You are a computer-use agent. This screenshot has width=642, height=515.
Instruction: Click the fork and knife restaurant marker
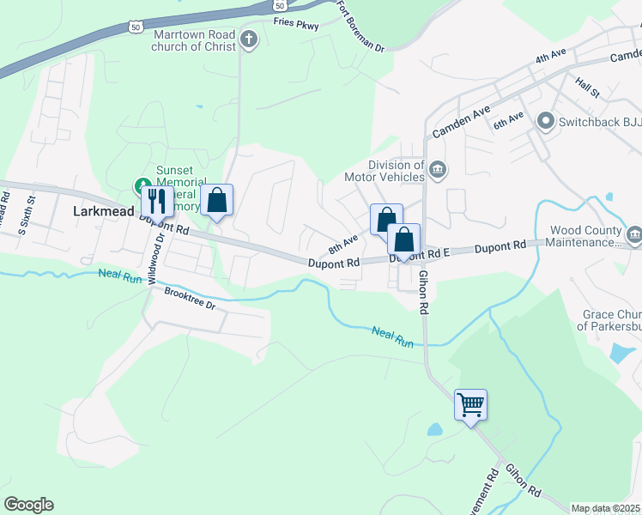click(155, 202)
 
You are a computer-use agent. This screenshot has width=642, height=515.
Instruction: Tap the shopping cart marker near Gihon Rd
click(470, 404)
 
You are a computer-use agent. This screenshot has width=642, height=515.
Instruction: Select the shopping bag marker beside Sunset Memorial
click(217, 202)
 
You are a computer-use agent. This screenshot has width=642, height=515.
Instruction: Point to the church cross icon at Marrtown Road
click(249, 39)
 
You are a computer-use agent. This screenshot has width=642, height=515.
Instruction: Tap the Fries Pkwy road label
click(296, 26)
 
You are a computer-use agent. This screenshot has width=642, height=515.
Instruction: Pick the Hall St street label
click(588, 87)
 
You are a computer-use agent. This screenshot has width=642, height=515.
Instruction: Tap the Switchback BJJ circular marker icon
click(544, 122)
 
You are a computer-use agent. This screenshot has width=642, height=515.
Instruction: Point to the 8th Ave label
click(342, 245)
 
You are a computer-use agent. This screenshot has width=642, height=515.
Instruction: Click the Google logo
click(28, 504)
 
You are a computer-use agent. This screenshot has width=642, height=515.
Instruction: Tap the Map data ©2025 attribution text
click(605, 508)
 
